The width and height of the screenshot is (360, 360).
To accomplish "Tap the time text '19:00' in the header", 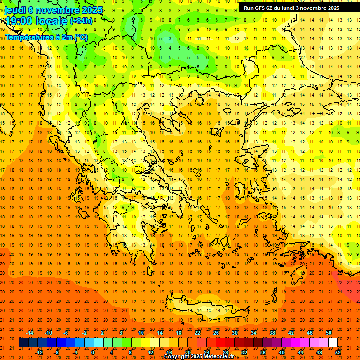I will click(19, 21).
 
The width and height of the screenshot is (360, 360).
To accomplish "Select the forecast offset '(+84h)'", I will click(81, 21).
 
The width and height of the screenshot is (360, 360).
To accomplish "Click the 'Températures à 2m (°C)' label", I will click(46, 37).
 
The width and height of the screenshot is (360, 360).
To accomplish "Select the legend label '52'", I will click(338, 352).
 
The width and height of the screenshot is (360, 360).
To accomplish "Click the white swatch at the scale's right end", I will click(333, 343).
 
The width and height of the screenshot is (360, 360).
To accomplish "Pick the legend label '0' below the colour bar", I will click(92, 352).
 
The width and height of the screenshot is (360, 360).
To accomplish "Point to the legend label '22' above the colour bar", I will click(197, 333).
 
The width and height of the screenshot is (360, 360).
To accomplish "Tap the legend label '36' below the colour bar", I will click(263, 352).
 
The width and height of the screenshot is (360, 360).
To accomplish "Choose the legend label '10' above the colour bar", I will click(141, 333).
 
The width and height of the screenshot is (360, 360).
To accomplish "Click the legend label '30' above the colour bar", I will click(235, 333).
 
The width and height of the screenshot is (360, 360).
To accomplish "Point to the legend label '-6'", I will click(66, 333).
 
